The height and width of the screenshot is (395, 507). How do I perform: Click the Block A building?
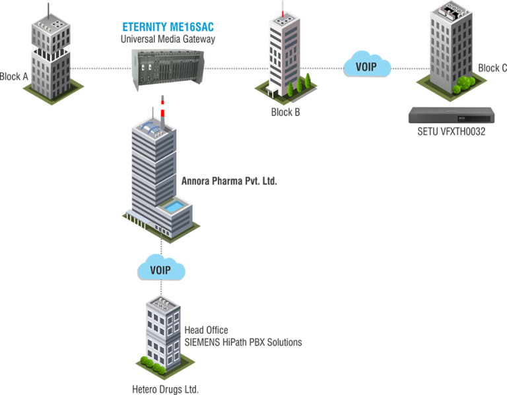coord(50,53)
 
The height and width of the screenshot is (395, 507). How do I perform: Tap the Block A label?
coord(14,76)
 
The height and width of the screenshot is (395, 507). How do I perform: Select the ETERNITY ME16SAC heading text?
coord(168,27)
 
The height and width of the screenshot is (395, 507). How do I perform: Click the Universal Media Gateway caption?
coord(168,39)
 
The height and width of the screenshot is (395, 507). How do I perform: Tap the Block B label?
coord(285,112)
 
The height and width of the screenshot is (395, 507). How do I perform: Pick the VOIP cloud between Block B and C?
coord(367,66)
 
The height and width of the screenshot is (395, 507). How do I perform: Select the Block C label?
coord(492,68)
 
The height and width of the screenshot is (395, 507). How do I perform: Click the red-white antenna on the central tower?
coord(160,108)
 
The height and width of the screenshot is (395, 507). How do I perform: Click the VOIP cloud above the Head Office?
coord(161,270)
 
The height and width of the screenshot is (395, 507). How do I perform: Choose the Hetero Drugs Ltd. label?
coord(165,389)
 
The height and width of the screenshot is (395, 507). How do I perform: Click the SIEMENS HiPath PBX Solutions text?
coord(243,342)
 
